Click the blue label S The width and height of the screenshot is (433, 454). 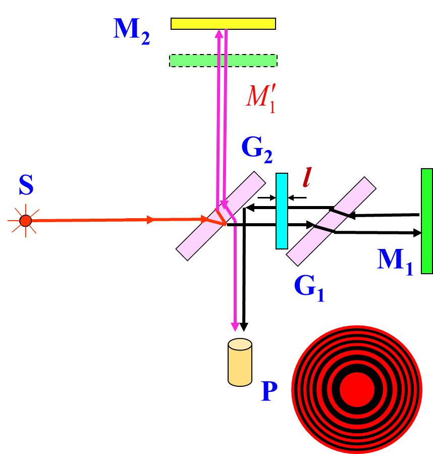[x=26, y=186]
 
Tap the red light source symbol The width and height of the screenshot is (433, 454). [x=25, y=221]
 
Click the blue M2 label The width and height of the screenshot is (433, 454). [x=131, y=31]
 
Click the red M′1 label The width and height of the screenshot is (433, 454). [x=261, y=97]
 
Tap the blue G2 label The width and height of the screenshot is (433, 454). [x=257, y=149]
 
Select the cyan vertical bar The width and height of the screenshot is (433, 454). [x=282, y=211]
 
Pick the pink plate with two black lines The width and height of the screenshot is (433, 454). [x=331, y=221]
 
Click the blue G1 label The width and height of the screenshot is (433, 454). [x=309, y=288]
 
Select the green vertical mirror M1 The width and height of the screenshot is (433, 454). [x=427, y=221]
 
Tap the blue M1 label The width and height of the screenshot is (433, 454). [x=395, y=262]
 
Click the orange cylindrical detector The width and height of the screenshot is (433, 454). [x=240, y=363]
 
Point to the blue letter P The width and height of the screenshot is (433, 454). [x=269, y=391]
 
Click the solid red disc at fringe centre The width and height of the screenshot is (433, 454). [x=357, y=389]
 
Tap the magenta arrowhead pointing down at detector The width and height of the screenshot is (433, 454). [x=235, y=327]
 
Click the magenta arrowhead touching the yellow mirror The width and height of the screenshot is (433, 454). [x=219, y=33]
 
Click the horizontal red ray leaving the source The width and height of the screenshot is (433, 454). [x=101, y=220]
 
